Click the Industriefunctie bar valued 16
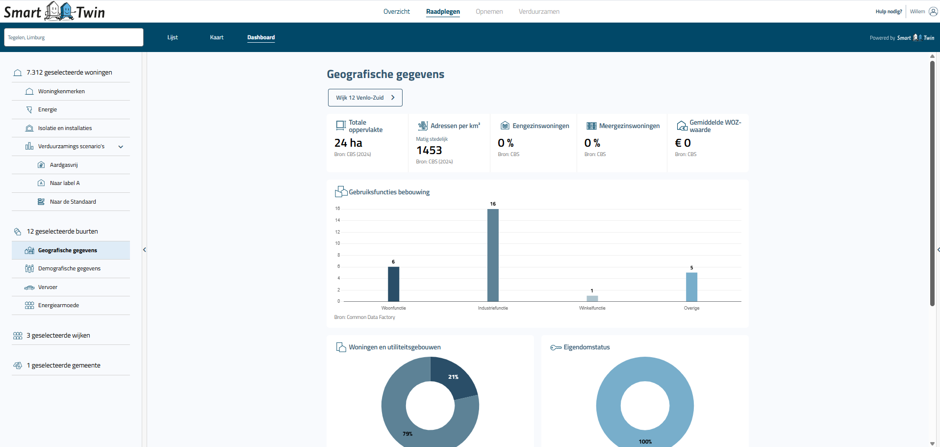[493, 255]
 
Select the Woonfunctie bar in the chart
[393, 284]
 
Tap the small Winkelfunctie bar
[592, 298]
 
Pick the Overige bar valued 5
[691, 287]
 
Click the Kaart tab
[217, 37]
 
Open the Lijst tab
[173, 37]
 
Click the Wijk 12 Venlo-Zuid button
[365, 98]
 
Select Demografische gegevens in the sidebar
[69, 268]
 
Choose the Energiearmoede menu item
[58, 305]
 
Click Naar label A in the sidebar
[65, 183]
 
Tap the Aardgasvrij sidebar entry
[64, 165]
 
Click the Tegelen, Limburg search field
[74, 37]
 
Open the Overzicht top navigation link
[396, 11]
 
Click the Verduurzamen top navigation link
[539, 11]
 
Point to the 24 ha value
[348, 143]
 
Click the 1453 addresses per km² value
[429, 150]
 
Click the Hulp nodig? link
[889, 12]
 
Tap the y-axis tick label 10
[337, 243]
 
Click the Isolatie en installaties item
[65, 128]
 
